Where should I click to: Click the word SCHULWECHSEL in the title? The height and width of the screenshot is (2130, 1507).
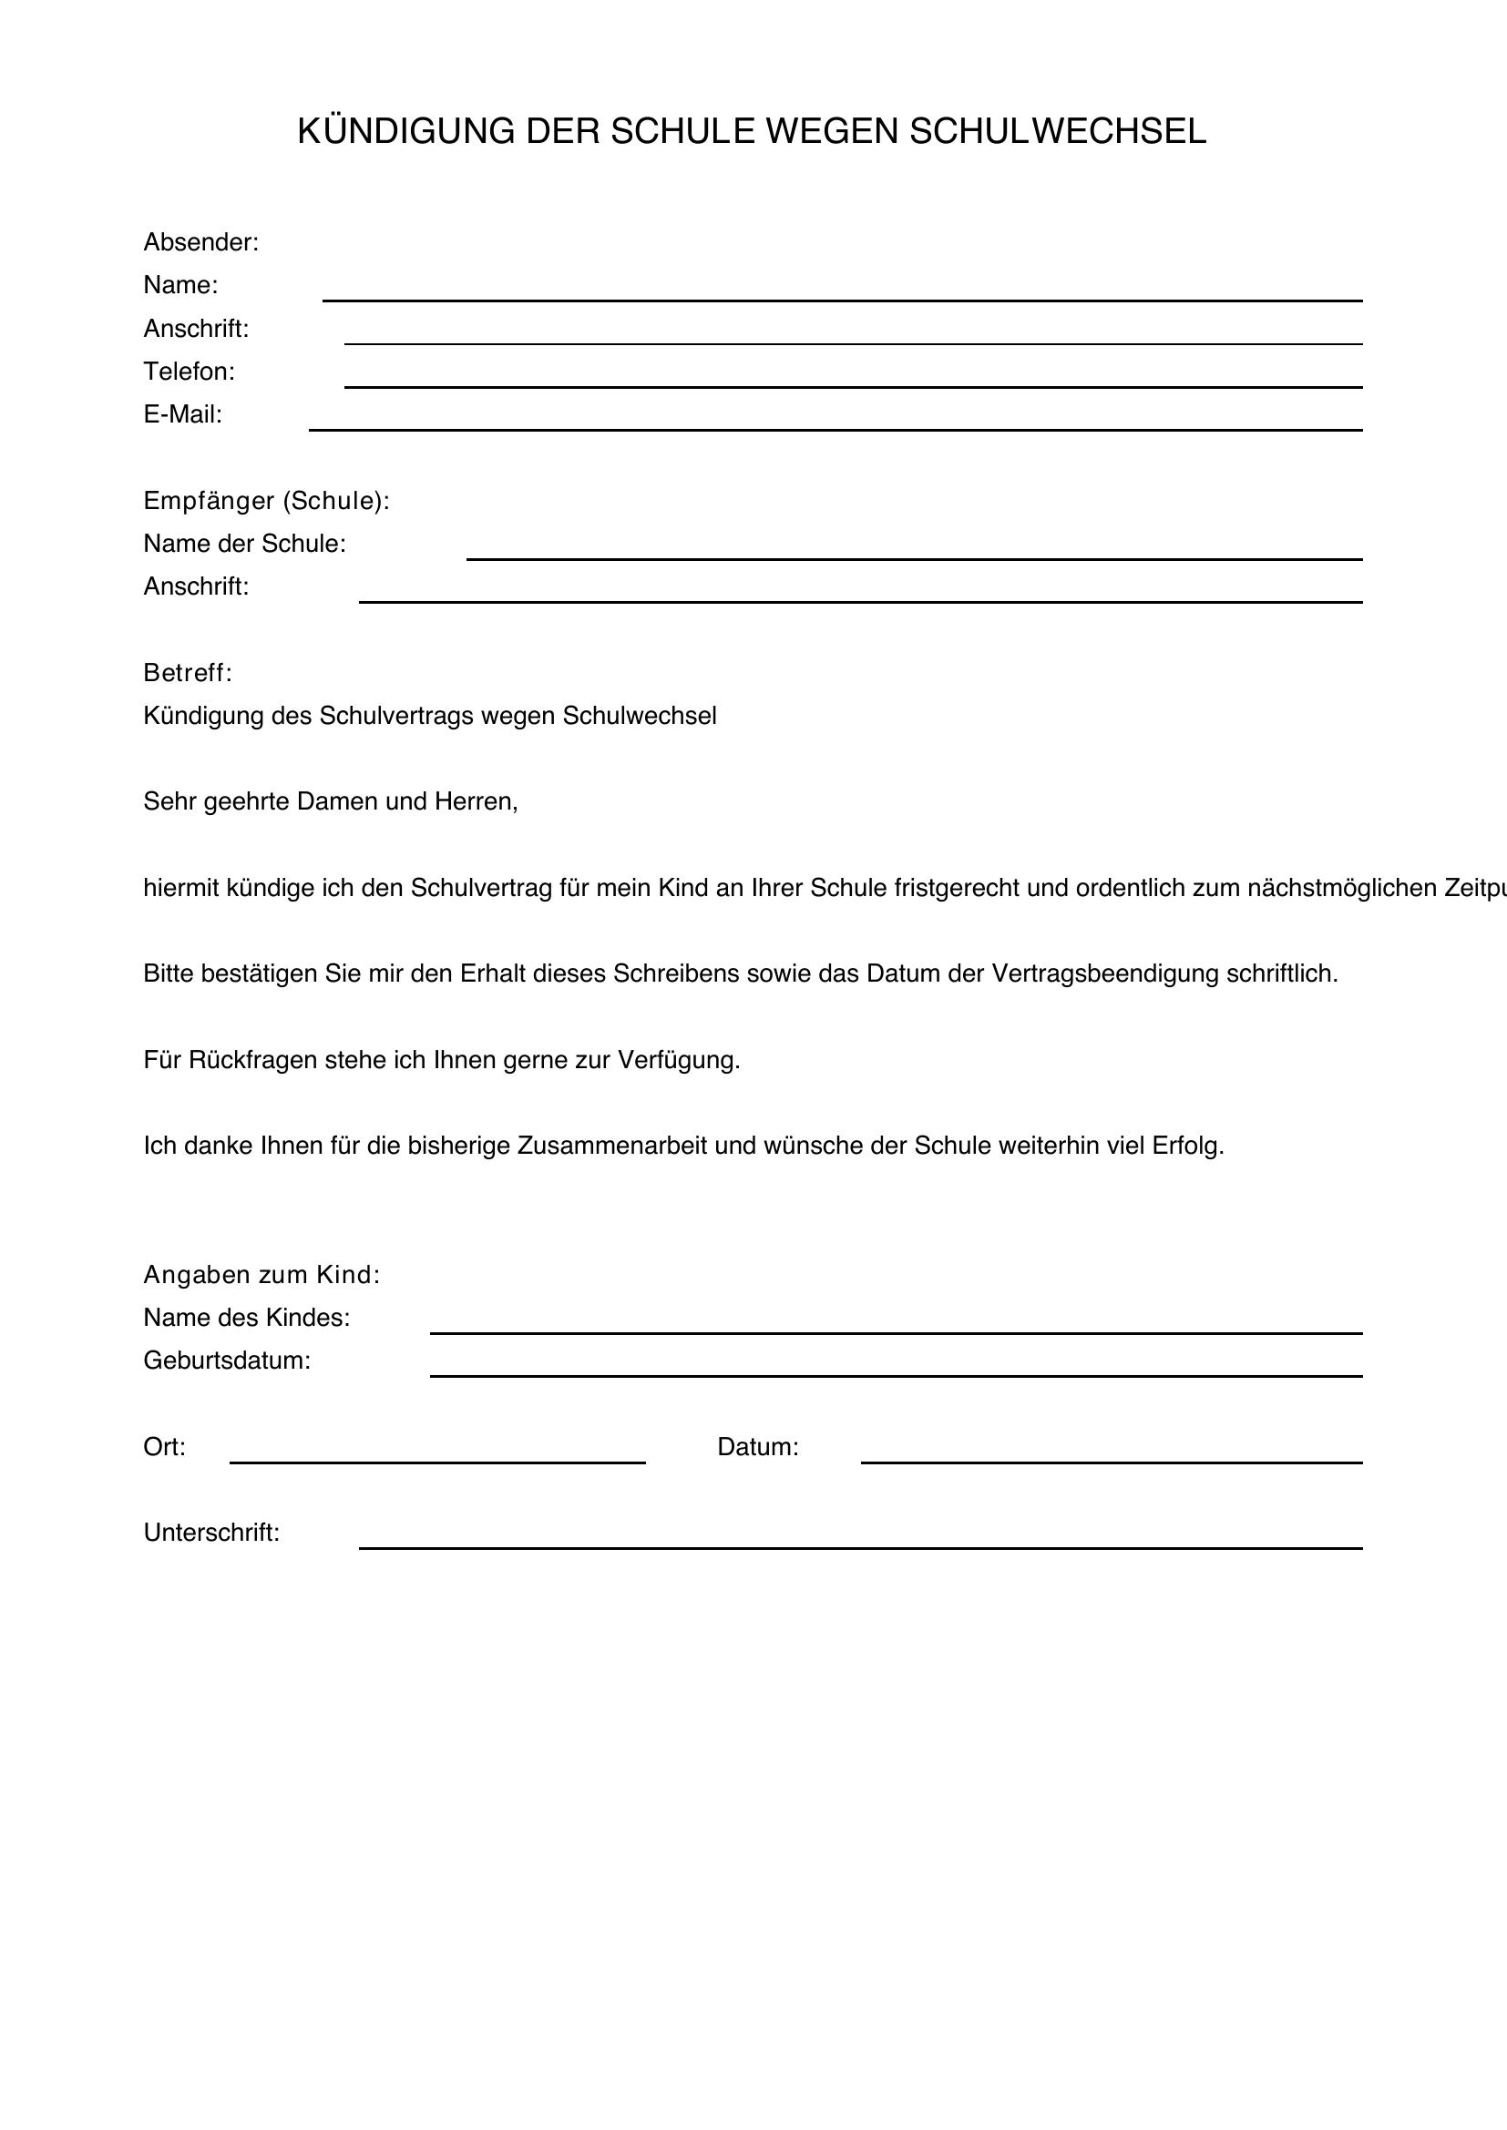[1057, 132]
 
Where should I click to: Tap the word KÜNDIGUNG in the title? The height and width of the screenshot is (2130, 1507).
[405, 132]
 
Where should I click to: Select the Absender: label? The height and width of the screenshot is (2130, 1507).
[200, 242]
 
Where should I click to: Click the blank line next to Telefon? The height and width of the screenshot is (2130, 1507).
[853, 386]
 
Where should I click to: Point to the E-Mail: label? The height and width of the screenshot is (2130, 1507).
[183, 414]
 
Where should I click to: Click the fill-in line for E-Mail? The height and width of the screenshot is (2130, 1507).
[836, 429]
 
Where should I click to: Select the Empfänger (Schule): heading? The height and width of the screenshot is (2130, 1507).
[266, 501]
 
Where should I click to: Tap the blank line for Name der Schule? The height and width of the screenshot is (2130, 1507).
[914, 558]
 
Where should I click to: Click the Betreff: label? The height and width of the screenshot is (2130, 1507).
[188, 673]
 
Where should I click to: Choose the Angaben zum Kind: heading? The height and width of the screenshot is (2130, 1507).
[261, 1275]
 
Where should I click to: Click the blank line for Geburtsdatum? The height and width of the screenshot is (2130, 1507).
[896, 1376]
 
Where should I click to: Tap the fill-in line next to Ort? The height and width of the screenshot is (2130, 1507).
[437, 1462]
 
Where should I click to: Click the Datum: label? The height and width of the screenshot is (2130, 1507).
[757, 1447]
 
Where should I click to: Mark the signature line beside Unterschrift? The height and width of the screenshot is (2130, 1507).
[860, 1547]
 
